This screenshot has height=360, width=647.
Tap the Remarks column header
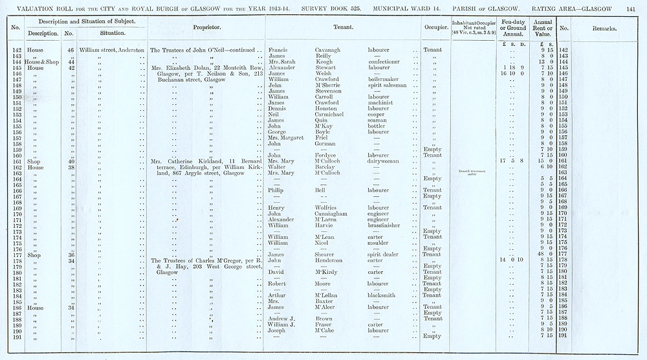tap(603, 28)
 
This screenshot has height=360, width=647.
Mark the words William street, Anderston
tap(112, 50)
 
